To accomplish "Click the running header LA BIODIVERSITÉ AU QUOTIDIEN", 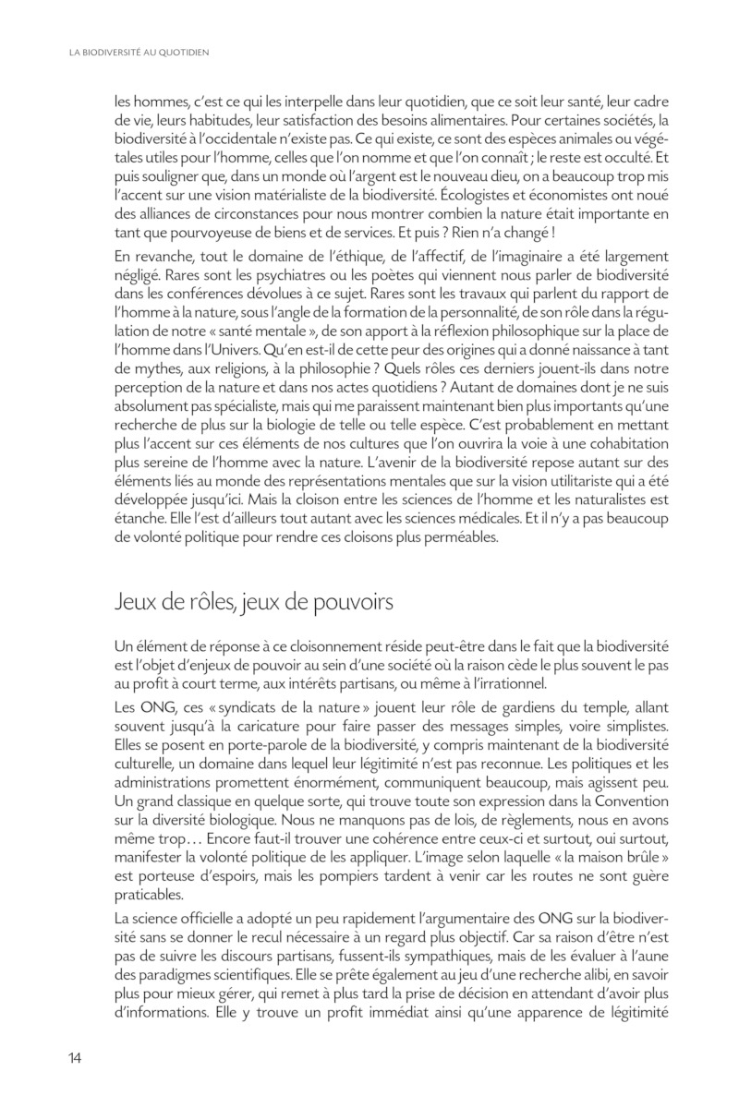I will (x=139, y=53).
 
